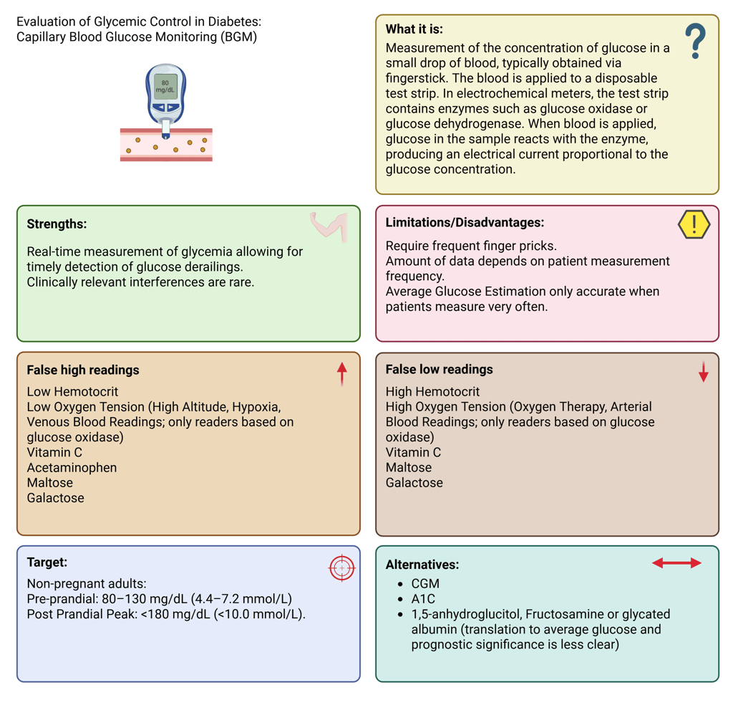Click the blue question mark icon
click(695, 41)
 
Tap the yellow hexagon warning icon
click(694, 225)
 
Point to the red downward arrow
click(703, 372)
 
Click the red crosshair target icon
click(341, 567)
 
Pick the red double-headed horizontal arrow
click(676, 563)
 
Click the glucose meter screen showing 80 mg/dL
click(165, 85)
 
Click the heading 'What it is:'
click(414, 29)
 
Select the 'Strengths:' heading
click(57, 224)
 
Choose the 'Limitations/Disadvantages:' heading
click(465, 223)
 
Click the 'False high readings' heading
click(83, 370)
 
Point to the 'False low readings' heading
click(439, 370)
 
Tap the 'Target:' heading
click(47, 563)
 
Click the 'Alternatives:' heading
click(422, 565)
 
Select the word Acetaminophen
click(72, 468)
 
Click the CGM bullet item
click(425, 584)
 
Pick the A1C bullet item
click(423, 599)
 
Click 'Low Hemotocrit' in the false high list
click(72, 392)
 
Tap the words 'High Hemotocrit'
click(432, 392)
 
